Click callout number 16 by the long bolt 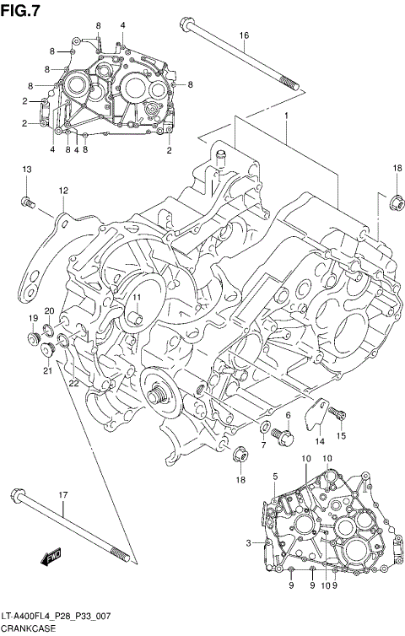click(244, 35)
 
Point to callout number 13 click(25, 170)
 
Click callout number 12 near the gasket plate click(63, 191)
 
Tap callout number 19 click(33, 318)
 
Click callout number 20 click(50, 310)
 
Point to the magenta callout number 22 click(74, 383)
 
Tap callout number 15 click(342, 435)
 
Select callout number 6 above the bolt click(287, 415)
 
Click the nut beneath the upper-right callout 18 click(393, 202)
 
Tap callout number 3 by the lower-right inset click(249, 542)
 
